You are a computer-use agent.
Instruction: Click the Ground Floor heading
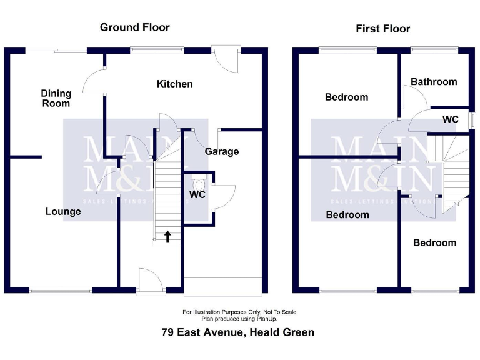coord(135,27)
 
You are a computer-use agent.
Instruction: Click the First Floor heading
coord(383,29)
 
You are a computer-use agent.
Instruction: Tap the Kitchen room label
coord(175,84)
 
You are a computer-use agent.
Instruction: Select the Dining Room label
coord(56,98)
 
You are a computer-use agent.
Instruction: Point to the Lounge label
coord(63,212)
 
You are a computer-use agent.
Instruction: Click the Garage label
coord(222,151)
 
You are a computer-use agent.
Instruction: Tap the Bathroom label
coord(434,82)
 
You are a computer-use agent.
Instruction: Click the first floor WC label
coord(451,119)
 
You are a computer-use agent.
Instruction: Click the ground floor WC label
coord(197,194)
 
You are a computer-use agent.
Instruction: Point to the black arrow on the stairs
coord(167,236)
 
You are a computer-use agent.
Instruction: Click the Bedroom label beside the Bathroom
coord(347,97)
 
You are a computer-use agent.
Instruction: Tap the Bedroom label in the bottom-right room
coord(435,243)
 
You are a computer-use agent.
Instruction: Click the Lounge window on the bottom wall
coord(61,290)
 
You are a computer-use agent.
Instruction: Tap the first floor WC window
coord(469,119)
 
